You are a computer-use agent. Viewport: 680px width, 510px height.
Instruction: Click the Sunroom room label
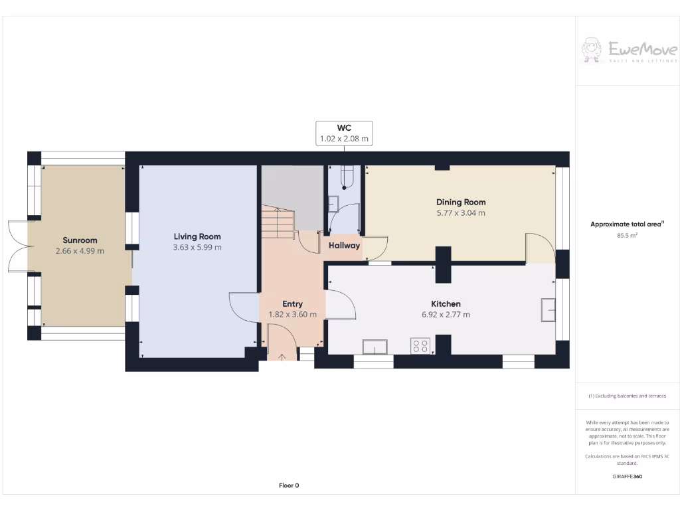click(80, 240)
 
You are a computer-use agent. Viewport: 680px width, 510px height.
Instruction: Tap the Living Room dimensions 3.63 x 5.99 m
click(197, 247)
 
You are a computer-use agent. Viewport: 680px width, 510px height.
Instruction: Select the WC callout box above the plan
click(343, 133)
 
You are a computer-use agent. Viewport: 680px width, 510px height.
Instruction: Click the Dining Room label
click(461, 202)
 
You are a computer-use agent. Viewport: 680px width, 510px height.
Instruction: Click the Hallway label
click(344, 246)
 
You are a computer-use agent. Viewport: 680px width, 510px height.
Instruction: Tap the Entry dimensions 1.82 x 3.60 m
click(292, 315)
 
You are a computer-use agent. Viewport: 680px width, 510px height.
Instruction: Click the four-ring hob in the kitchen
click(420, 346)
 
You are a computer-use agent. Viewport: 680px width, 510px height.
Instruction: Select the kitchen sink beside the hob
click(375, 347)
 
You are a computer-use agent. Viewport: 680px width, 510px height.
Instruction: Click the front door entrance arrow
click(282, 357)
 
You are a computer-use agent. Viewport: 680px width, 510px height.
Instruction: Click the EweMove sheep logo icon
click(592, 50)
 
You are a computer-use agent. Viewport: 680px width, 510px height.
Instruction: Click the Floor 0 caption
click(289, 485)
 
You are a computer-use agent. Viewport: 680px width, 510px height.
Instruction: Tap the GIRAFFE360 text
click(628, 476)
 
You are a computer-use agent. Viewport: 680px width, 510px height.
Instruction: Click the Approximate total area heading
click(626, 224)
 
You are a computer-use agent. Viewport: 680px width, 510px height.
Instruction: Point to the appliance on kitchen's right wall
click(548, 310)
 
